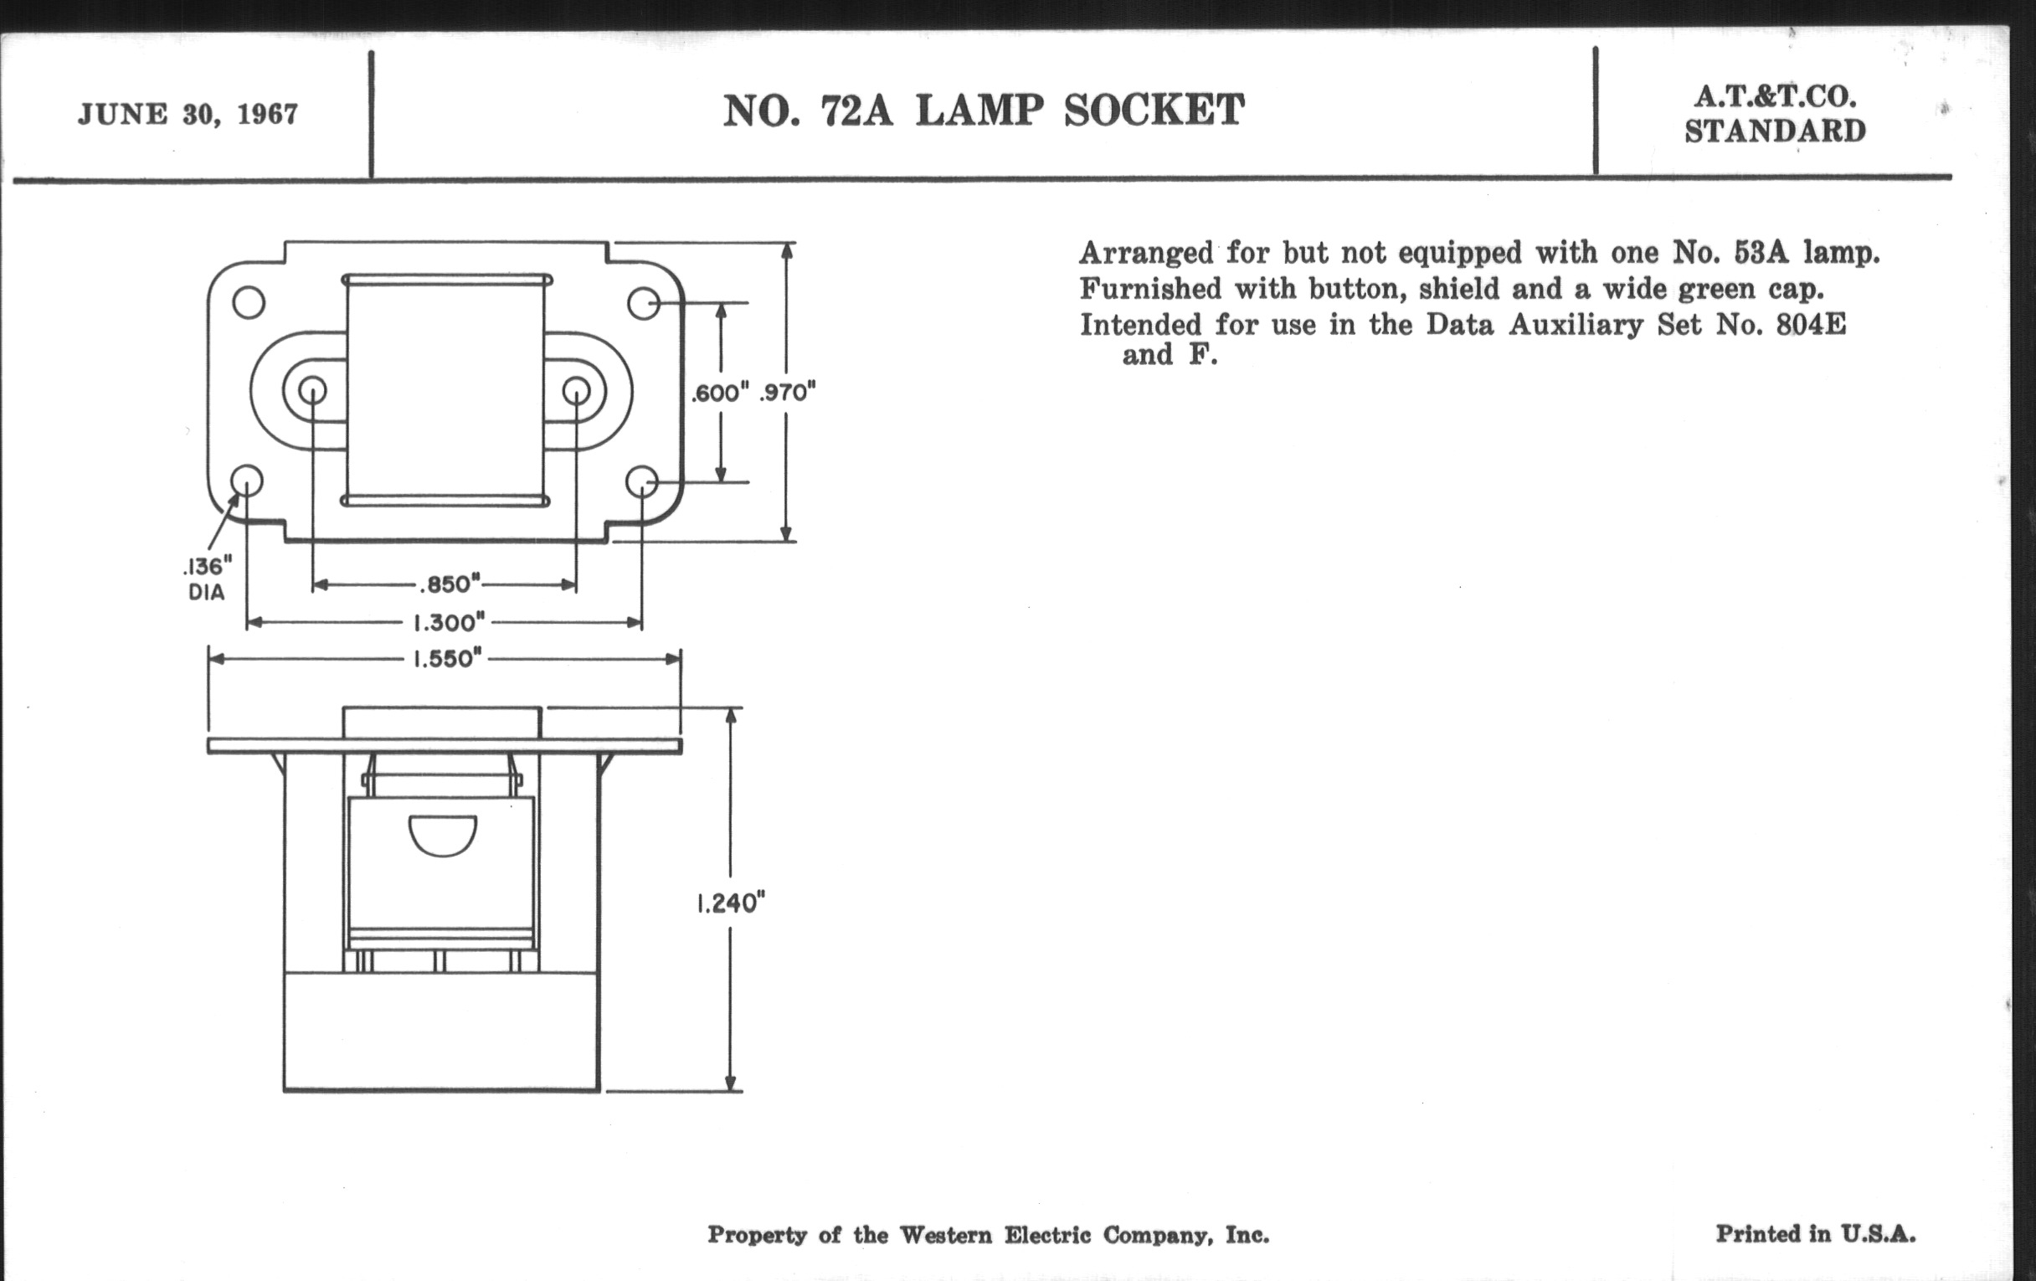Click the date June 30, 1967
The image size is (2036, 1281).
tap(188, 114)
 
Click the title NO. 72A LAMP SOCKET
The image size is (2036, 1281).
tap(983, 111)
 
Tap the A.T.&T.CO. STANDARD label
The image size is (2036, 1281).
tap(1774, 115)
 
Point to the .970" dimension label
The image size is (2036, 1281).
tap(787, 394)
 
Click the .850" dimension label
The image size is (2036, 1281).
tap(449, 584)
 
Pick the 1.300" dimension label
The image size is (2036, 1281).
tap(448, 623)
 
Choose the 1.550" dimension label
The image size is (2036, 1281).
tap(448, 659)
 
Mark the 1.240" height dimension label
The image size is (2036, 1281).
tap(731, 904)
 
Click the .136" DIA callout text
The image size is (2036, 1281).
tap(207, 579)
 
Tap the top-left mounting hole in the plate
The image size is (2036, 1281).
tap(249, 303)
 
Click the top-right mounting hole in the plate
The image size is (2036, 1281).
tap(644, 303)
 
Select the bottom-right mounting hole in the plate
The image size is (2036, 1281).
tap(642, 482)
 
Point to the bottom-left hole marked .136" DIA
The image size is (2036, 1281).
tap(247, 482)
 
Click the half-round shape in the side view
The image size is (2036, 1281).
tap(442, 835)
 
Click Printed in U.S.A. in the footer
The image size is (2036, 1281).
tap(1815, 1234)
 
